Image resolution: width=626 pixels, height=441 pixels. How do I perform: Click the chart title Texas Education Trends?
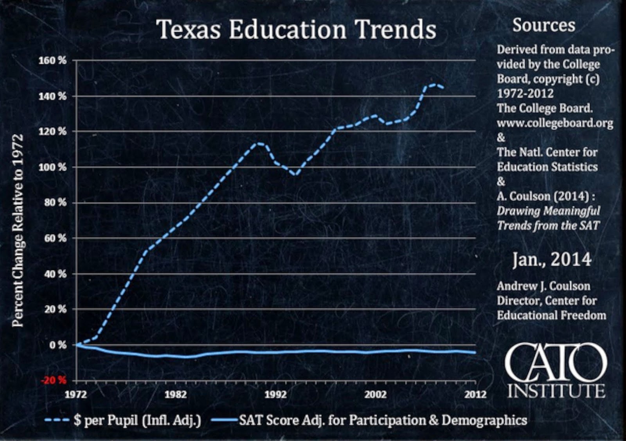tap(296, 29)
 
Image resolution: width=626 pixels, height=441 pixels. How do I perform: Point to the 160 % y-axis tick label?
tap(52, 61)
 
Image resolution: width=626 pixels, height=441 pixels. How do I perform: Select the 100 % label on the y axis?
tap(52, 167)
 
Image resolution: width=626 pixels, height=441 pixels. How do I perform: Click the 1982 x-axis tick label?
tap(175, 394)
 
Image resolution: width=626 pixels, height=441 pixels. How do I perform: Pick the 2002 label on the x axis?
tap(375, 394)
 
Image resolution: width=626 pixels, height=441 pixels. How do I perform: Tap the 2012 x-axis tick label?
tap(475, 394)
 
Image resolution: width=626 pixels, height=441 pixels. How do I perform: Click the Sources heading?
tap(543, 25)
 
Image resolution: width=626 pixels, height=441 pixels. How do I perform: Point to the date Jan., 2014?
tap(552, 260)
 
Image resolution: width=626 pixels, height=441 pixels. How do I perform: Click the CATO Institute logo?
tap(556, 370)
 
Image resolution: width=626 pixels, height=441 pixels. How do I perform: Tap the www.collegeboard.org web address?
tap(555, 123)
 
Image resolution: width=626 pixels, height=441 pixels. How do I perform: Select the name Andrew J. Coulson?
tap(543, 286)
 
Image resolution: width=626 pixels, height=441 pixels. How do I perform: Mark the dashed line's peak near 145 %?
tap(434, 84)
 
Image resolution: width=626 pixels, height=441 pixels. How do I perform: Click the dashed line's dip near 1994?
tap(296, 175)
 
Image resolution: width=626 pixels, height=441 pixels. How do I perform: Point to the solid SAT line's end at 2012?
tap(475, 352)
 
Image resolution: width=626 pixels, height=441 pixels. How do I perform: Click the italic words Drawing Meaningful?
tap(548, 211)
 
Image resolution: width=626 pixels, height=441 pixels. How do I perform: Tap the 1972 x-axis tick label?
tap(76, 394)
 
